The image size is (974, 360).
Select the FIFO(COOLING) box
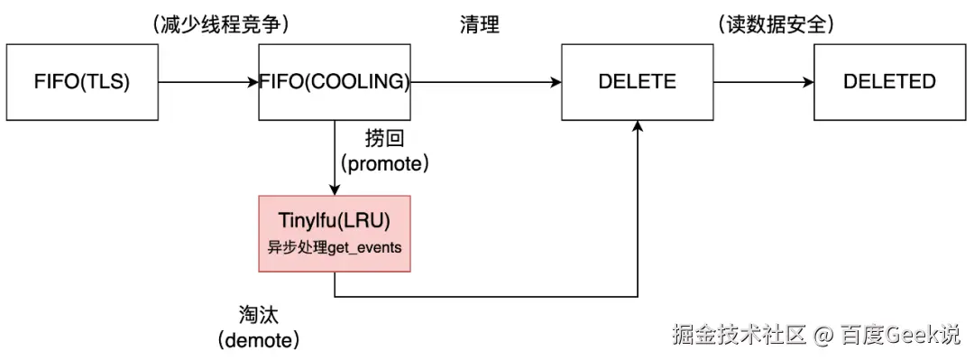click(335, 82)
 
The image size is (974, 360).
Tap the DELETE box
click(637, 82)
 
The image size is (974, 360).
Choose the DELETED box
click(889, 82)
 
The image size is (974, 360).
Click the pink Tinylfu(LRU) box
click(335, 233)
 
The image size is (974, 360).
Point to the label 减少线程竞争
click(222, 25)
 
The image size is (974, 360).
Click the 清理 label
click(479, 25)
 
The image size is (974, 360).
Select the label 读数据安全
click(776, 25)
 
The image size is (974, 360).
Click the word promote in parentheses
click(383, 164)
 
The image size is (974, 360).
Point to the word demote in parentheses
click(258, 341)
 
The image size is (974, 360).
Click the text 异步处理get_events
click(335, 247)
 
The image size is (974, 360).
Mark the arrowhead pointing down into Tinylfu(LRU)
click(335, 189)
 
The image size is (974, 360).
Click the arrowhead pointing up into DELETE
click(638, 126)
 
